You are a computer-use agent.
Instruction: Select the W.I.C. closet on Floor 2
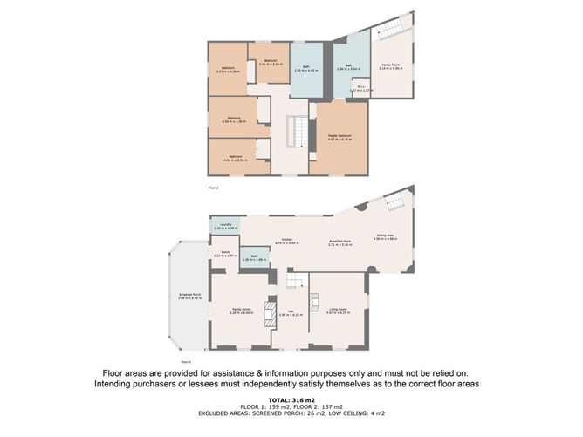tap(360, 88)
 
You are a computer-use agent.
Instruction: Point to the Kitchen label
tap(287, 242)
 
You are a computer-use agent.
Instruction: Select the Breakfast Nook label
tap(340, 244)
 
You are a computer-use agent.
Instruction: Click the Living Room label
tap(337, 311)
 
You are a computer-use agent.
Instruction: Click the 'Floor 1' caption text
tap(185, 360)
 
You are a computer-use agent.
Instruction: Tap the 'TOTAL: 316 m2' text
tap(291, 399)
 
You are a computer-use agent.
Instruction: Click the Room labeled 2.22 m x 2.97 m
tap(224, 255)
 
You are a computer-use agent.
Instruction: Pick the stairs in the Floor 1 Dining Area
tap(394, 202)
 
